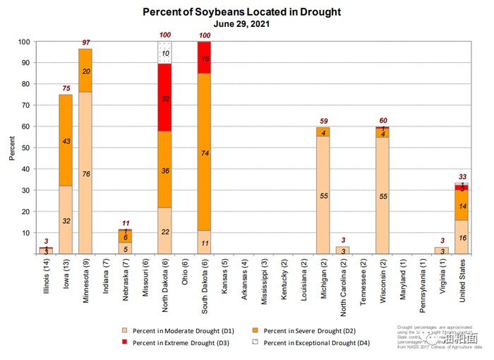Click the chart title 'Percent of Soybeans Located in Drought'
(x=242, y=12)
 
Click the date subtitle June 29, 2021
(x=241, y=23)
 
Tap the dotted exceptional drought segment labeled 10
(x=164, y=53)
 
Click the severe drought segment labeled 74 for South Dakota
(x=204, y=152)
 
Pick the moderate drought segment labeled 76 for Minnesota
(x=85, y=173)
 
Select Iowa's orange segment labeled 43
(x=66, y=141)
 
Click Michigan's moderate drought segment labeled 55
(x=324, y=195)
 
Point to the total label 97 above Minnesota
(x=85, y=44)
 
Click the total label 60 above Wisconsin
(x=382, y=121)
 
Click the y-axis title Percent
(x=12, y=148)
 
